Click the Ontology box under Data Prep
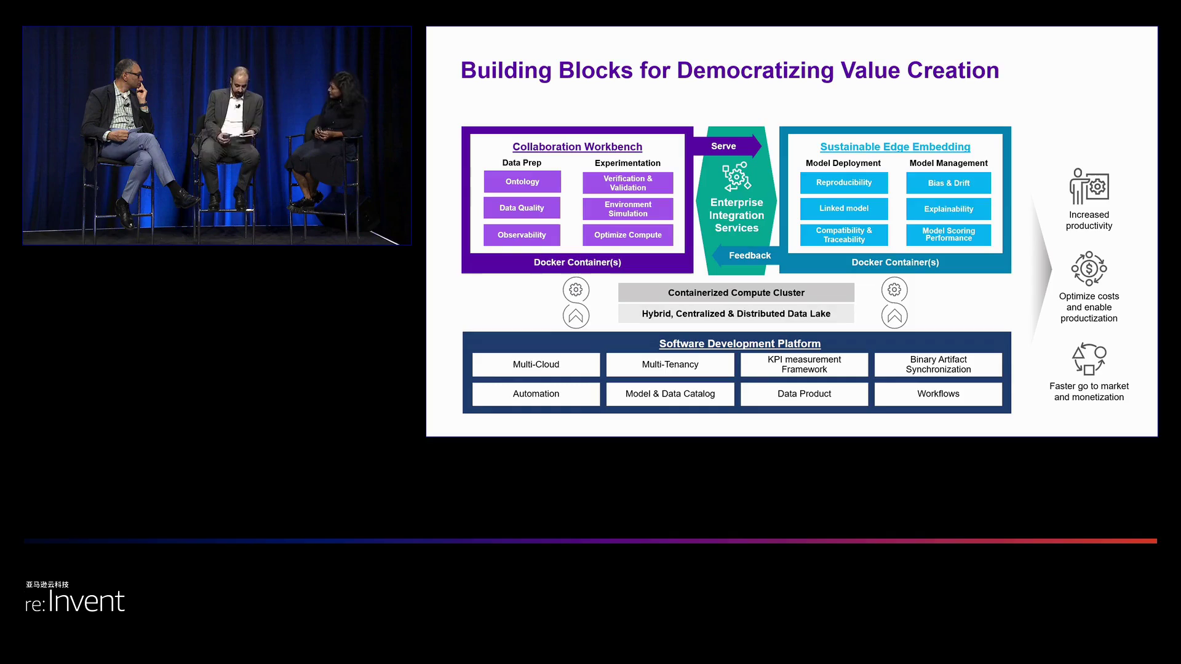click(x=522, y=182)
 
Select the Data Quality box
click(x=522, y=208)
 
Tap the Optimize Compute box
click(x=627, y=235)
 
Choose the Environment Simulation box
click(x=627, y=209)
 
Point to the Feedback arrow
click(x=747, y=255)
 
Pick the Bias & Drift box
click(x=948, y=183)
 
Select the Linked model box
click(x=843, y=208)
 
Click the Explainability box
click(x=948, y=209)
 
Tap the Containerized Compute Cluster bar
click(x=736, y=293)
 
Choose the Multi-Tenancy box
click(x=670, y=365)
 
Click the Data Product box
click(x=804, y=394)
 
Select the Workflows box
click(x=938, y=394)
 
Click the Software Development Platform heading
click(x=739, y=344)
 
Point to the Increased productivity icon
click(x=1089, y=186)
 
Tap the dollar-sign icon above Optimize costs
click(x=1089, y=269)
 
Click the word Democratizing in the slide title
click(x=755, y=71)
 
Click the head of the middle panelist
click(x=241, y=79)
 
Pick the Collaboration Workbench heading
click(x=577, y=147)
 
